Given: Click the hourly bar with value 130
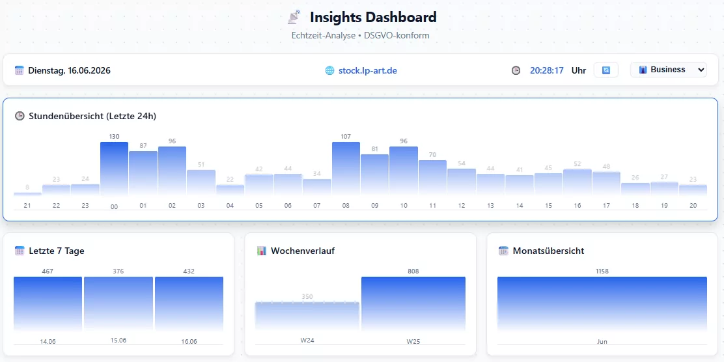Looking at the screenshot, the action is click(114, 169).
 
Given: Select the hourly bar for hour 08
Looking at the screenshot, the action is click(346, 169).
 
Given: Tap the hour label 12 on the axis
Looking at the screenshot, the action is click(462, 206).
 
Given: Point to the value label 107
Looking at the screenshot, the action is click(346, 136).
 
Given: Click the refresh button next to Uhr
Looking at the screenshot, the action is click(606, 70).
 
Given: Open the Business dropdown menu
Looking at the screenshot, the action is click(668, 70).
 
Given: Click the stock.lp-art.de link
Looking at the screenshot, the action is click(368, 71).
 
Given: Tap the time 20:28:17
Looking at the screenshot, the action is click(547, 71).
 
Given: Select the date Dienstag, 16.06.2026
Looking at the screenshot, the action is click(69, 71).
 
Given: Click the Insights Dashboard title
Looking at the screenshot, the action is click(373, 18).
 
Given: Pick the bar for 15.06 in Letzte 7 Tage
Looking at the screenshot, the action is click(118, 304).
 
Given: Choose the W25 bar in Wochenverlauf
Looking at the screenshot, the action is click(413, 304).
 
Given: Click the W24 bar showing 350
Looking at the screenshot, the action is click(307, 316).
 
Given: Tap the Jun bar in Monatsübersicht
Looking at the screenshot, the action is click(602, 304).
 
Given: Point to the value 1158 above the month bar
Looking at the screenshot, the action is click(602, 271).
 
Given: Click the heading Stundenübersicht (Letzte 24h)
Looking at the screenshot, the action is click(92, 116).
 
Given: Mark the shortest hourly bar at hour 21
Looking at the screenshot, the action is click(27, 194).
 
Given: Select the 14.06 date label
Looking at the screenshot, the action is click(48, 342).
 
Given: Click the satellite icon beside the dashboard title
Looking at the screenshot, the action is click(294, 17).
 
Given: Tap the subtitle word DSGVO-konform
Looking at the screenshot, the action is click(397, 36).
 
